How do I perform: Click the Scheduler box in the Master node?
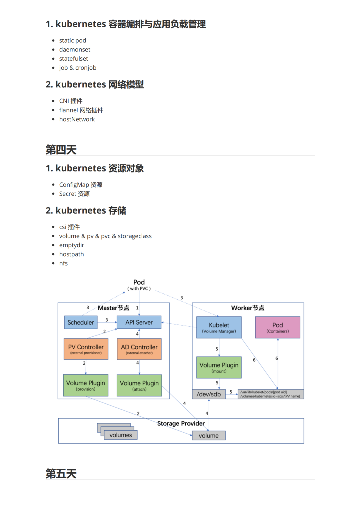coord(81,322)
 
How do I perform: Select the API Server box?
coord(139,322)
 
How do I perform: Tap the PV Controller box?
coord(86,349)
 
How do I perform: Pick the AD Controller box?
coord(139,349)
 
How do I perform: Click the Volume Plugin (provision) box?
coord(86,385)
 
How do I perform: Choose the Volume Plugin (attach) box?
coord(139,385)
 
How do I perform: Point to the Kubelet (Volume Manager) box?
coord(219,327)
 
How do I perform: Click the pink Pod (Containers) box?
coord(278,327)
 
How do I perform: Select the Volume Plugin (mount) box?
coord(219,367)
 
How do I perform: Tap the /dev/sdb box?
coord(209,394)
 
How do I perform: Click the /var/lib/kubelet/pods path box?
coord(271,394)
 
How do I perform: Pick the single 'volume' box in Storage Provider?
coord(209,435)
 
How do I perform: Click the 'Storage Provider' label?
coord(181,423)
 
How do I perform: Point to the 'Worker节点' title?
coord(248,308)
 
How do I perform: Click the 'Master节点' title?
coord(113,308)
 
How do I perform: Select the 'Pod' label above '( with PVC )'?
coord(139,282)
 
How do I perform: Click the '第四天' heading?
coord(61,149)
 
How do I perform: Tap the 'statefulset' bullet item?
coord(74,59)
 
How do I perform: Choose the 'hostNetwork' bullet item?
coord(77,119)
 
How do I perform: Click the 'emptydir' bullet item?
coord(72,245)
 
